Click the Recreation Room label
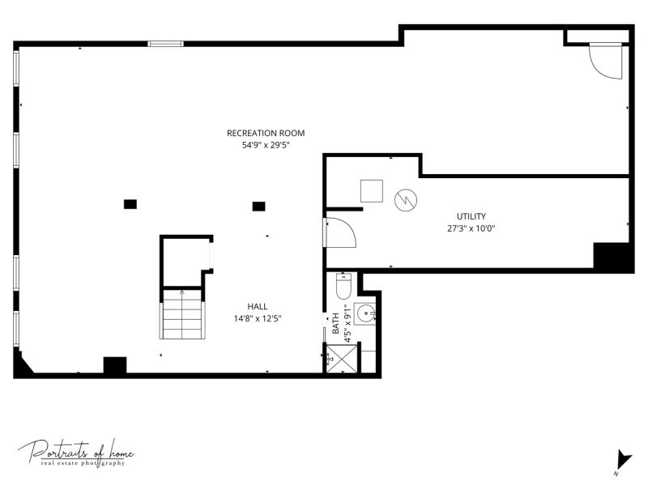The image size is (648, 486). (x=266, y=133)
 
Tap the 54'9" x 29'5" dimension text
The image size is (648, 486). (x=266, y=145)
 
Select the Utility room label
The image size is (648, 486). (x=471, y=216)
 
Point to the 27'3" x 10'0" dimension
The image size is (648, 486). (x=471, y=228)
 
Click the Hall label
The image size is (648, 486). (x=258, y=306)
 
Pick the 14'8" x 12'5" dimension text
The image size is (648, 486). (x=258, y=318)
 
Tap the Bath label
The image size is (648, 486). (x=335, y=323)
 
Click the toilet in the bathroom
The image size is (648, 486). (x=343, y=286)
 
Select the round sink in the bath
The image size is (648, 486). (x=365, y=313)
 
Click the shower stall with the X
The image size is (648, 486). (x=342, y=359)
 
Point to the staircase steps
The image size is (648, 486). (x=182, y=314)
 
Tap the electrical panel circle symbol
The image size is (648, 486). (x=406, y=200)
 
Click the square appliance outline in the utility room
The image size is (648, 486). (x=372, y=191)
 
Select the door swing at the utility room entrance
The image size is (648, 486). (x=341, y=232)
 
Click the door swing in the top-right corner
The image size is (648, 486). (x=605, y=61)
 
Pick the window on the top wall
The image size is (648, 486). (x=166, y=44)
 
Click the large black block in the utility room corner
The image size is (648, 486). (x=614, y=258)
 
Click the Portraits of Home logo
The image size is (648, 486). (x=76, y=454)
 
